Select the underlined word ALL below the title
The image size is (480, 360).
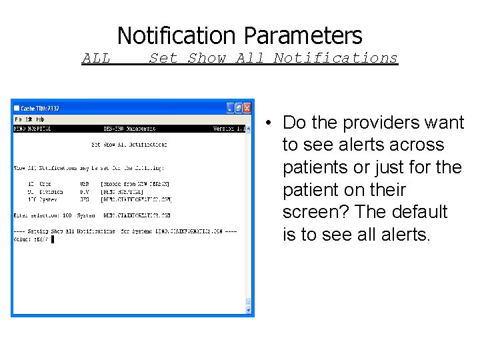(x=96, y=59)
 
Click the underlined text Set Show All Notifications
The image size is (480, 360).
(x=273, y=59)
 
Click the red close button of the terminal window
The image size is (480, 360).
(x=247, y=108)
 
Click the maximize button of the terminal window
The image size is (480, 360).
(x=239, y=108)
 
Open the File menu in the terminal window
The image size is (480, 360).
(x=19, y=119)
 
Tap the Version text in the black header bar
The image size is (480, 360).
(x=223, y=129)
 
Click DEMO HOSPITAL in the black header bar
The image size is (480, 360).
(x=33, y=129)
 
